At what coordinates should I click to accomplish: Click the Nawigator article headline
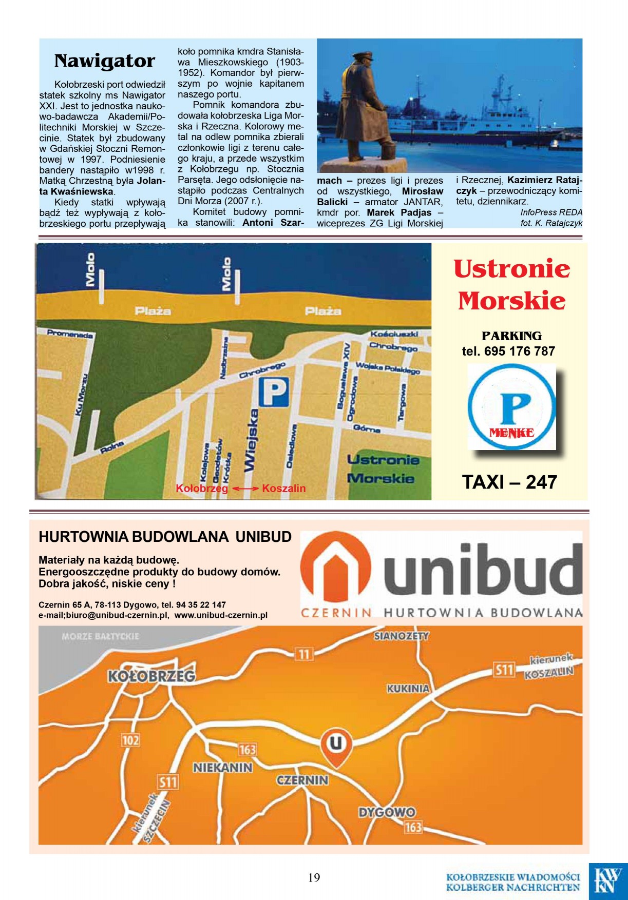[104, 61]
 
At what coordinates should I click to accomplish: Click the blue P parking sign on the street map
[273, 392]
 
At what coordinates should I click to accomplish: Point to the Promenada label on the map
[70, 334]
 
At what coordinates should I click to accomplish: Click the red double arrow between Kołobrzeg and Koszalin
[245, 488]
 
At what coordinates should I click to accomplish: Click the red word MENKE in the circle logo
[511, 433]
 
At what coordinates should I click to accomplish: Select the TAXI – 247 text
[509, 482]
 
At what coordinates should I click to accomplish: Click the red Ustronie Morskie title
[511, 284]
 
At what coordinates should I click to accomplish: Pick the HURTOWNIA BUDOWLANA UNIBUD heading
[165, 537]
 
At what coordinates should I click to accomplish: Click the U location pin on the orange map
[336, 745]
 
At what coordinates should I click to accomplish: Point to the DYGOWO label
[387, 812]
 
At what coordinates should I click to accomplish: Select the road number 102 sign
[130, 740]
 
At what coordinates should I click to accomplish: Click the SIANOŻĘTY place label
[401, 636]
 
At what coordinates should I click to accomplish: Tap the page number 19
[314, 877]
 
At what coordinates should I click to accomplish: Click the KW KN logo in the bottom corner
[607, 880]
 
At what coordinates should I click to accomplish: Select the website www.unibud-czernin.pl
[221, 615]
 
